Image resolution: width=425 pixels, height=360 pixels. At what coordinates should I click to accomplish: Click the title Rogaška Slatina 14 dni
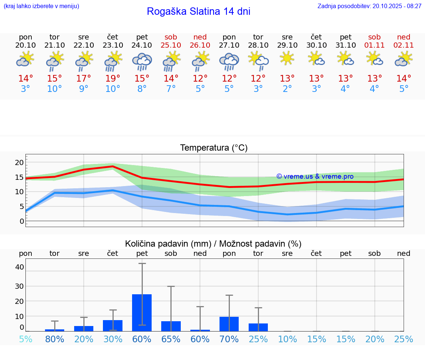pyautogui.click(x=198, y=11)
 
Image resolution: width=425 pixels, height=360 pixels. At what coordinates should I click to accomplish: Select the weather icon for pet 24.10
pyautogui.click(x=142, y=61)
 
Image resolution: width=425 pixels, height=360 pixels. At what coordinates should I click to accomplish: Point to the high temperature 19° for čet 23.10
pyautogui.click(x=113, y=78)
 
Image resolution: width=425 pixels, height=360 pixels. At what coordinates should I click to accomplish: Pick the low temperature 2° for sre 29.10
pyautogui.click(x=287, y=89)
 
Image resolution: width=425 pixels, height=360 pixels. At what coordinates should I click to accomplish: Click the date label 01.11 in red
pyautogui.click(x=374, y=45)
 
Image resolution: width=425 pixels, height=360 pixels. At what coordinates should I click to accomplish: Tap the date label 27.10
pyautogui.click(x=229, y=45)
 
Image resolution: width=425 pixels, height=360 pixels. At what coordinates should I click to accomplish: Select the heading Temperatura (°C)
pyautogui.click(x=214, y=148)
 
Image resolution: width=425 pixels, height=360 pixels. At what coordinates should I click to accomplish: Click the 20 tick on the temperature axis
pyautogui.click(x=19, y=162)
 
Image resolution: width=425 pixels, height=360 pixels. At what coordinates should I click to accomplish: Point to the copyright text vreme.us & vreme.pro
pyautogui.click(x=315, y=176)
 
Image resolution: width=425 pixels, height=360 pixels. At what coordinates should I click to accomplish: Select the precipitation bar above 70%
pyautogui.click(x=229, y=324)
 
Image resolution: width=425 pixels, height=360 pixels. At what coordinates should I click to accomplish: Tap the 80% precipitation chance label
pyautogui.click(x=55, y=339)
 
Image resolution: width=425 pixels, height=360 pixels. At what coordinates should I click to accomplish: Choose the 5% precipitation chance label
pyautogui.click(x=25, y=339)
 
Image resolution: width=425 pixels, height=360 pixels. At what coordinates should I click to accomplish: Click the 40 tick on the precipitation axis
pyautogui.click(x=20, y=267)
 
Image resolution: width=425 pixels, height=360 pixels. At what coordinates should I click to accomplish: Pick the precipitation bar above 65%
pyautogui.click(x=171, y=326)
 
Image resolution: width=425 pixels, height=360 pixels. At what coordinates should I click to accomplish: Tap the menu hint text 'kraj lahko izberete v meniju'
pyautogui.click(x=41, y=6)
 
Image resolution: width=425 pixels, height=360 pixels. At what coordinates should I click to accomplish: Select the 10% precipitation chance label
pyautogui.click(x=287, y=339)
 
